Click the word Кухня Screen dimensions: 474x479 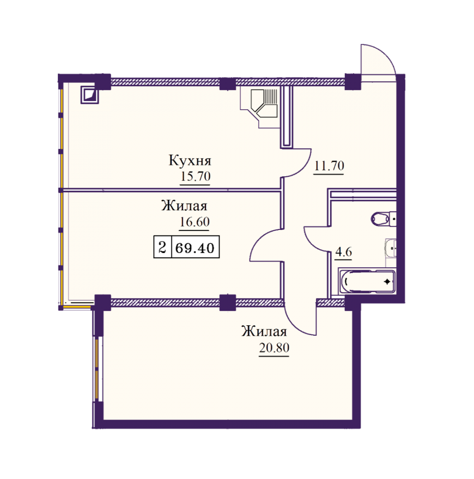(x=190, y=160)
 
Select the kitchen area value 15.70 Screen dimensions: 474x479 (x=195, y=176)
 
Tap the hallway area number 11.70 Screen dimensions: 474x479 (x=329, y=166)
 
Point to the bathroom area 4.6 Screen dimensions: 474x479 (x=344, y=252)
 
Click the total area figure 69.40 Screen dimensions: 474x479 (x=195, y=248)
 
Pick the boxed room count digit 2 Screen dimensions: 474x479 (x=162, y=247)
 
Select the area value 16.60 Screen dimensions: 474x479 (x=194, y=222)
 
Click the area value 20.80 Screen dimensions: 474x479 (x=274, y=348)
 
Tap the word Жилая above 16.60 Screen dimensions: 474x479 (x=184, y=206)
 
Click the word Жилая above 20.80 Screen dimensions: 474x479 (x=264, y=331)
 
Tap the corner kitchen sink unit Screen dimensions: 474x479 (x=263, y=103)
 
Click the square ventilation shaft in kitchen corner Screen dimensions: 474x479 (x=90, y=95)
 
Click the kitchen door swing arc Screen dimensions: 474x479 (x=304, y=168)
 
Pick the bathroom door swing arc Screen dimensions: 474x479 (x=312, y=243)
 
